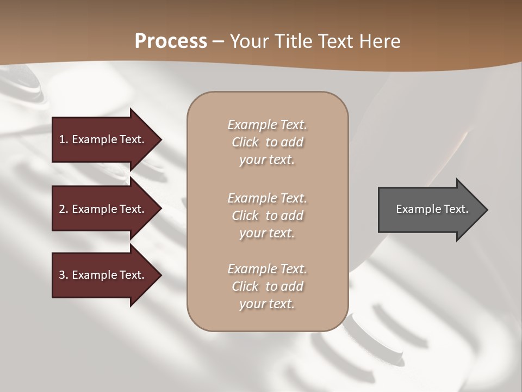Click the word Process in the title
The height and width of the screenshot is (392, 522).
[171, 41]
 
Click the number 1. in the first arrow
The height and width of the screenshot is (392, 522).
[64, 139]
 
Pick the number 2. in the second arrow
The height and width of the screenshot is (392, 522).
[64, 209]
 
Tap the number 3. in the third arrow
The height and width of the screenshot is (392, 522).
[64, 275]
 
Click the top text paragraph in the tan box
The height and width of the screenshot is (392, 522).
[267, 142]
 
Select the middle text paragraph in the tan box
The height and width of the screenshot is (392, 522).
[267, 216]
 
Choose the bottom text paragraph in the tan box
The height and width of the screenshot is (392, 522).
[267, 286]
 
